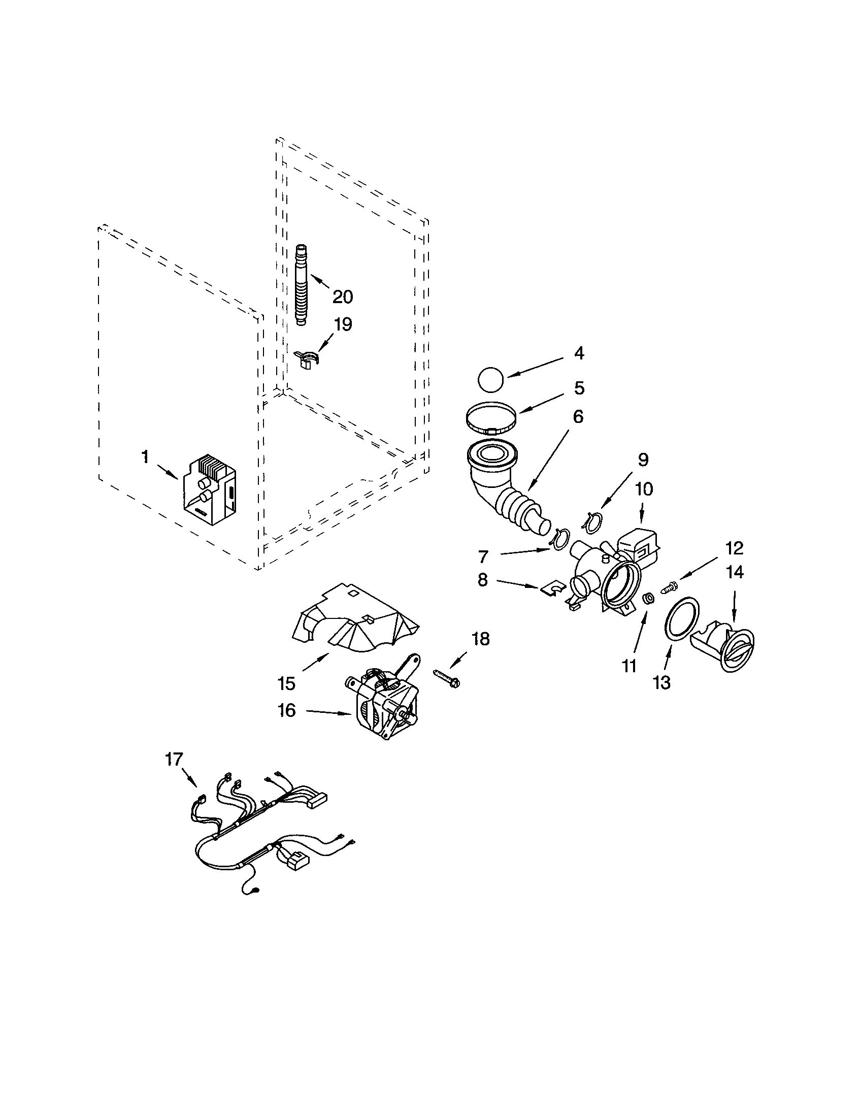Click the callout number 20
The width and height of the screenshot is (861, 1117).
click(343, 296)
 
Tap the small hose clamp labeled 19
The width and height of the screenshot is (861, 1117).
click(308, 359)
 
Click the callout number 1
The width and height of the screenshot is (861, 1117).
click(145, 457)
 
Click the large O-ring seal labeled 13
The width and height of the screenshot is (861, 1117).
click(682, 617)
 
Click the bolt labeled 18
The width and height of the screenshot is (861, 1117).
click(446, 678)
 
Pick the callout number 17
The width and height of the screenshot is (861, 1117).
click(174, 760)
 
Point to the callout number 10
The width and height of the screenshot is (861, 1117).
click(643, 489)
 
